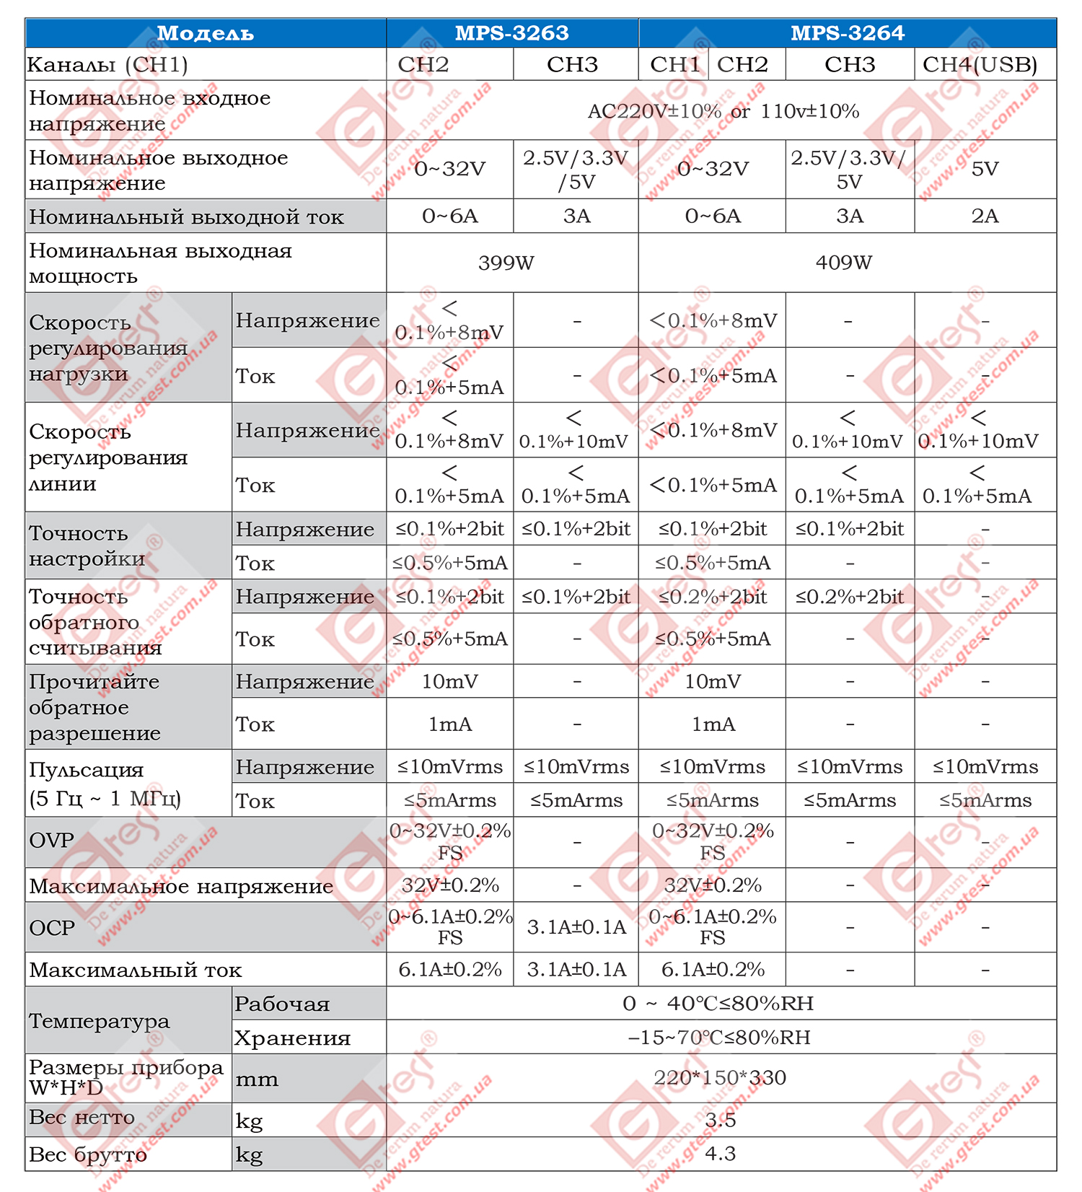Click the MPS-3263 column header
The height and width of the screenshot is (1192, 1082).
pos(511,33)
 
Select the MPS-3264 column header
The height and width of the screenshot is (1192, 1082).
pos(847,33)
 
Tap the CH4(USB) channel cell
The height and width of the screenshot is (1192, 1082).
pos(980,65)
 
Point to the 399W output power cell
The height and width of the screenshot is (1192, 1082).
pos(506,263)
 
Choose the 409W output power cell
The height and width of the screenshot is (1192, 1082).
pos(843,263)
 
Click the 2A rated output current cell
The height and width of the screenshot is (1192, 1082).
pos(985,216)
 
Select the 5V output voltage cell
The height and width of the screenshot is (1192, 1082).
pos(985,169)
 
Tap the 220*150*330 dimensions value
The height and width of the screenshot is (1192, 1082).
pos(719,1078)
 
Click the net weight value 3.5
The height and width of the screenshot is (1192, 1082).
pos(720,1120)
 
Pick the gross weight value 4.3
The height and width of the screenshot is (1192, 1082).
pos(720,1154)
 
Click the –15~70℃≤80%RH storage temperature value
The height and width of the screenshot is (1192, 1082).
pos(719,1038)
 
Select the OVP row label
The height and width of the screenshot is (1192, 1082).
pos(52,841)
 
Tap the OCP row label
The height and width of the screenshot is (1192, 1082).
pos(52,927)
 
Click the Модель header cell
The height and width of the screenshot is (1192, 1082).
pos(206,33)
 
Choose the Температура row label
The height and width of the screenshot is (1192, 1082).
pos(100,1021)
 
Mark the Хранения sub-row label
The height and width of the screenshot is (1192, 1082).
pos(292,1038)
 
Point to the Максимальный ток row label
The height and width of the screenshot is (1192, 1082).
pos(136,970)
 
